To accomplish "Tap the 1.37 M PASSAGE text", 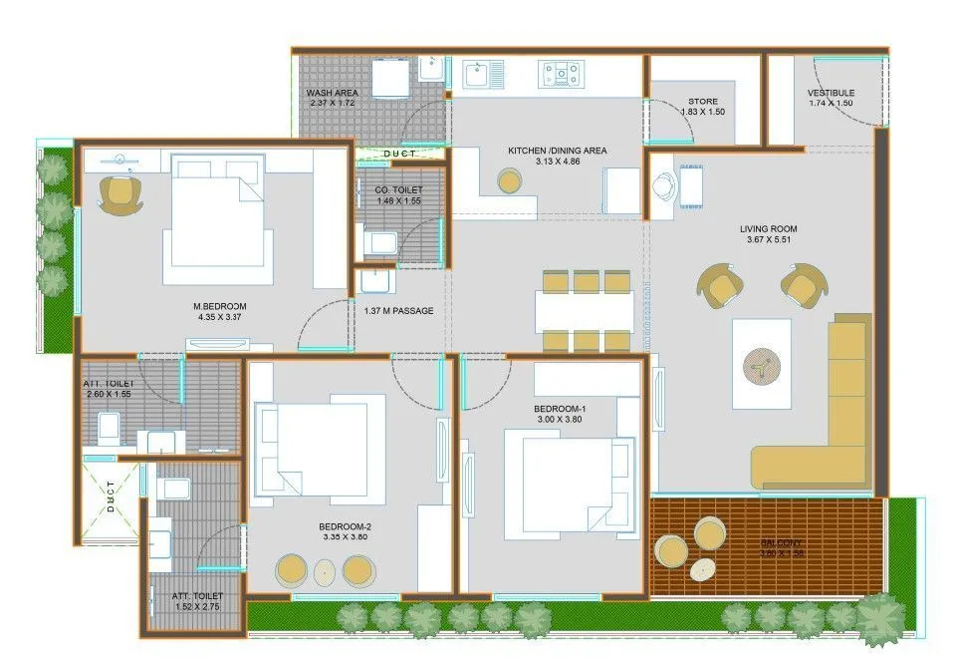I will (x=399, y=311).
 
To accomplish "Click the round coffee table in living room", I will (x=762, y=364).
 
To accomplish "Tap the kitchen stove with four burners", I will (x=561, y=72).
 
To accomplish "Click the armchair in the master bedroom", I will (x=121, y=193).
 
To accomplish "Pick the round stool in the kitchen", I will (x=509, y=180).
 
